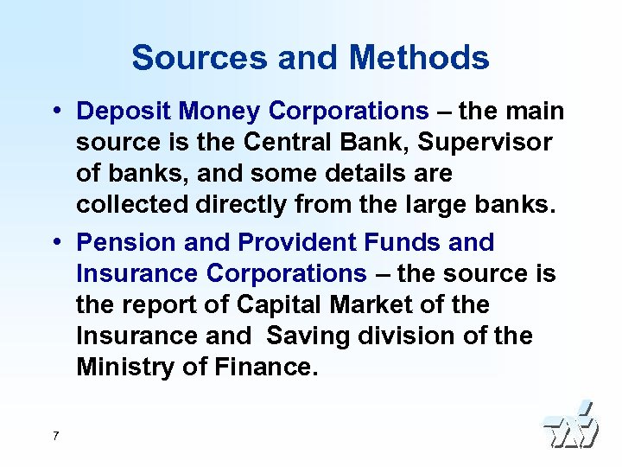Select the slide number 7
[x=55, y=436]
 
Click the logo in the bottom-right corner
[x=569, y=425]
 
